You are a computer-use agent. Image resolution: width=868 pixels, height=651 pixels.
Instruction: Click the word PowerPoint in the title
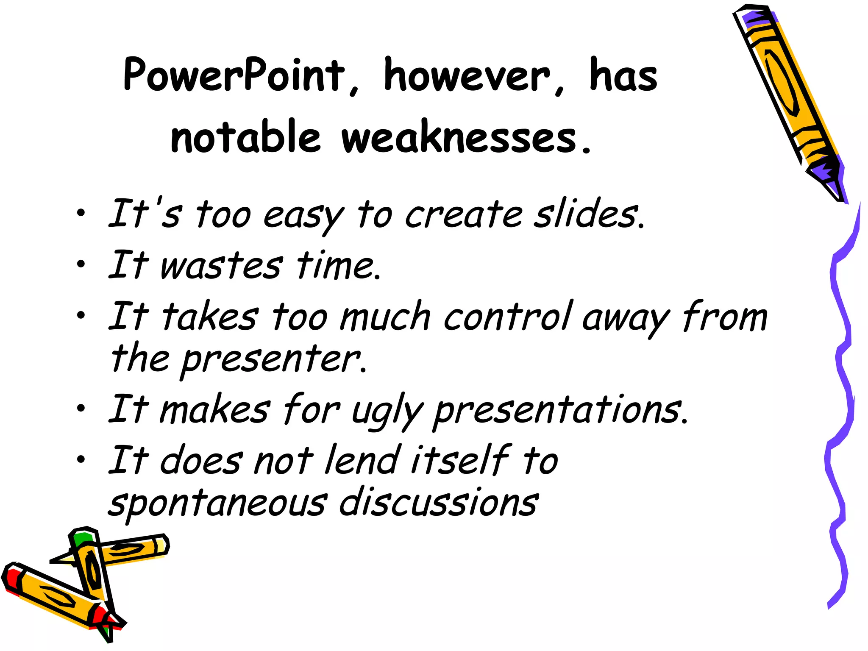click(234, 75)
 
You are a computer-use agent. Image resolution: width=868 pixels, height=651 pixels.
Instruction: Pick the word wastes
click(221, 266)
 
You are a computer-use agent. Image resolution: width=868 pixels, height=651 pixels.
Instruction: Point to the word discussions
click(439, 502)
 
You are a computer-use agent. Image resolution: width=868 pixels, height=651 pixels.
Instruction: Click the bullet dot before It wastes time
click(81, 265)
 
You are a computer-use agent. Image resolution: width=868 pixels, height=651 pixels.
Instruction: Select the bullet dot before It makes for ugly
click(81, 409)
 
